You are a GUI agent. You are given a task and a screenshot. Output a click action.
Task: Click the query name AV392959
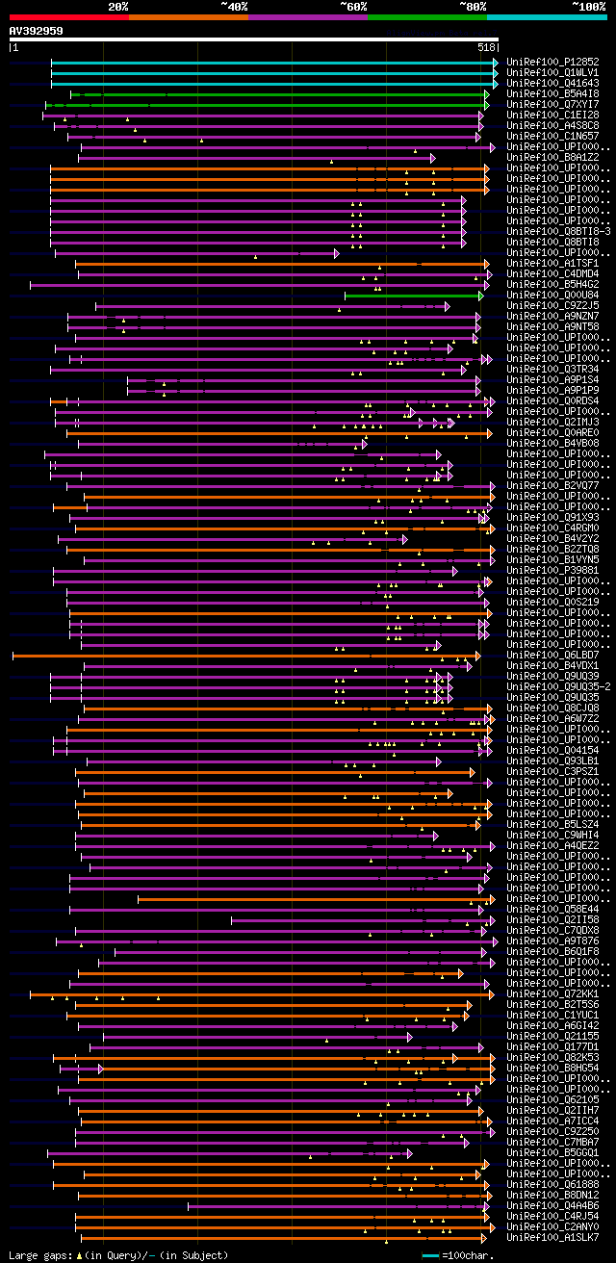pos(37,31)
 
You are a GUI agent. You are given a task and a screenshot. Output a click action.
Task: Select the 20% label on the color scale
pos(118,7)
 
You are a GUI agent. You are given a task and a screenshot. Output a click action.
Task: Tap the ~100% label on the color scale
pos(588,7)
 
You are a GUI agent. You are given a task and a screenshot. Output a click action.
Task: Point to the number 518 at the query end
pos(485,47)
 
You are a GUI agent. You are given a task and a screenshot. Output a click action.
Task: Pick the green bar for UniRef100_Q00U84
pos(414,296)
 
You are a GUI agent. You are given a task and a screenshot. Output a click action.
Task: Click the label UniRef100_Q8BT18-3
pos(558,232)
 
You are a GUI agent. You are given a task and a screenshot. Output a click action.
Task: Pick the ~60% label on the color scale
pos(353,7)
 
